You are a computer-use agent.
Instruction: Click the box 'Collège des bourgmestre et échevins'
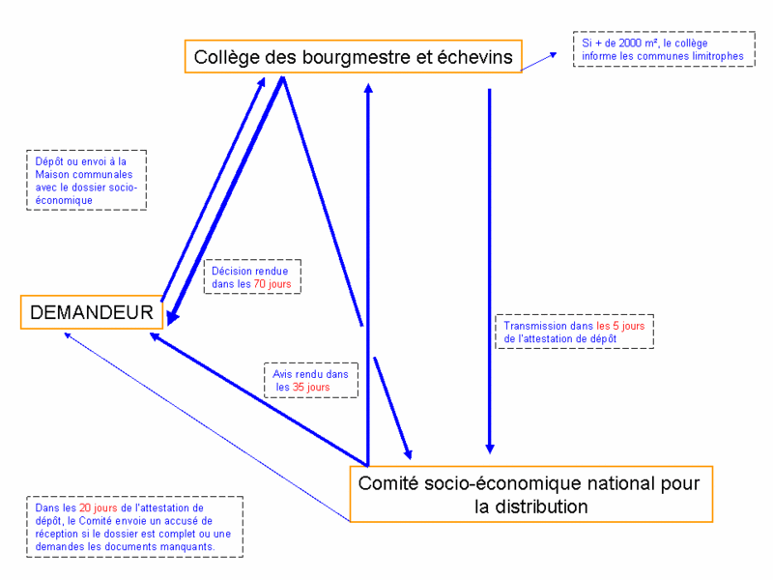[353, 57]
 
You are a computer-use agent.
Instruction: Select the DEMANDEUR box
[92, 312]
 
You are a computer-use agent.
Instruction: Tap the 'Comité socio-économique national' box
[530, 494]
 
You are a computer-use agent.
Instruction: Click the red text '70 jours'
[272, 284]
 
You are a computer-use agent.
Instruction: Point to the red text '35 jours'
[311, 388]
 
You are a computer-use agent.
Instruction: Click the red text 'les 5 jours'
[620, 326]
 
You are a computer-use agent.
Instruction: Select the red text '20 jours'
[99, 508]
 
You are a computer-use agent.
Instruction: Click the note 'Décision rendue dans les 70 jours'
[252, 276]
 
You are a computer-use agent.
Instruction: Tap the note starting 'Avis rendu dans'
[311, 380]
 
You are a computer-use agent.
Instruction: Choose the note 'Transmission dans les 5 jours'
[574, 332]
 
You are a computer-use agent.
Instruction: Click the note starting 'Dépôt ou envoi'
[86, 180]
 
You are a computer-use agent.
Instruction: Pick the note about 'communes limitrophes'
[664, 49]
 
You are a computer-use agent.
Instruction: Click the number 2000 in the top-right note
[630, 43]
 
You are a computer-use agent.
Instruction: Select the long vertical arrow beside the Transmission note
[490, 272]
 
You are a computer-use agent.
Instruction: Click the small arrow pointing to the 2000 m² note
[539, 61]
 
